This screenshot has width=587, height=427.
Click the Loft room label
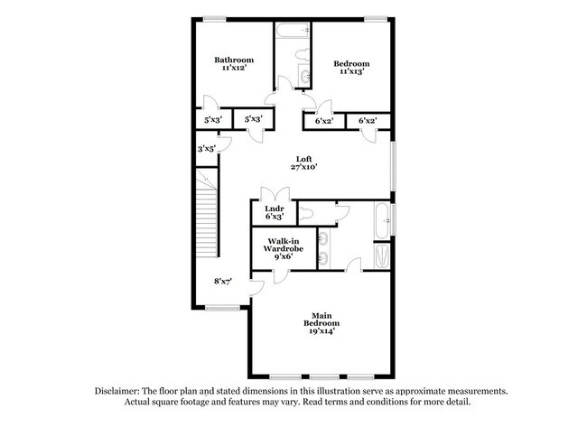click(x=303, y=159)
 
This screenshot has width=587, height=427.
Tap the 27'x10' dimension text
click(x=304, y=167)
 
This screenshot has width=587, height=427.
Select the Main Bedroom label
click(x=321, y=320)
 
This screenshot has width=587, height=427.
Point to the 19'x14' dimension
click(x=321, y=330)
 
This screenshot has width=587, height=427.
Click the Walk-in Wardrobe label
click(x=283, y=246)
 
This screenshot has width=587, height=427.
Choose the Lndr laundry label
click(x=275, y=209)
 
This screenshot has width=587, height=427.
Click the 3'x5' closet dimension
click(x=207, y=149)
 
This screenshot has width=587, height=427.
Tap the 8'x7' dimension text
click(x=223, y=282)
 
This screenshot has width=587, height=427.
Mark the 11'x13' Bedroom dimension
click(x=352, y=71)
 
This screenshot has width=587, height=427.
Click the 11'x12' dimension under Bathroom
click(x=234, y=68)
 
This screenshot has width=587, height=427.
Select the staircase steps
click(x=207, y=213)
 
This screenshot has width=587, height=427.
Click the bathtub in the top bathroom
click(x=293, y=30)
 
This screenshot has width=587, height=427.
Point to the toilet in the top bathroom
click(x=303, y=55)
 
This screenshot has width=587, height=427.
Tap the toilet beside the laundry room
click(x=306, y=214)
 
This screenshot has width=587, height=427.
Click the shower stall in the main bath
click(x=383, y=256)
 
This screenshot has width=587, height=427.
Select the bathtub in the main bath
click(x=383, y=221)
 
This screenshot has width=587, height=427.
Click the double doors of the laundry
click(x=275, y=194)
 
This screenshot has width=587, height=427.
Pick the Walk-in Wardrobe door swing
click(x=281, y=277)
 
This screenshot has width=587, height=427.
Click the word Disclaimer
click(x=117, y=392)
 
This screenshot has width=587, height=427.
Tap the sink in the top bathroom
click(x=304, y=76)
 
